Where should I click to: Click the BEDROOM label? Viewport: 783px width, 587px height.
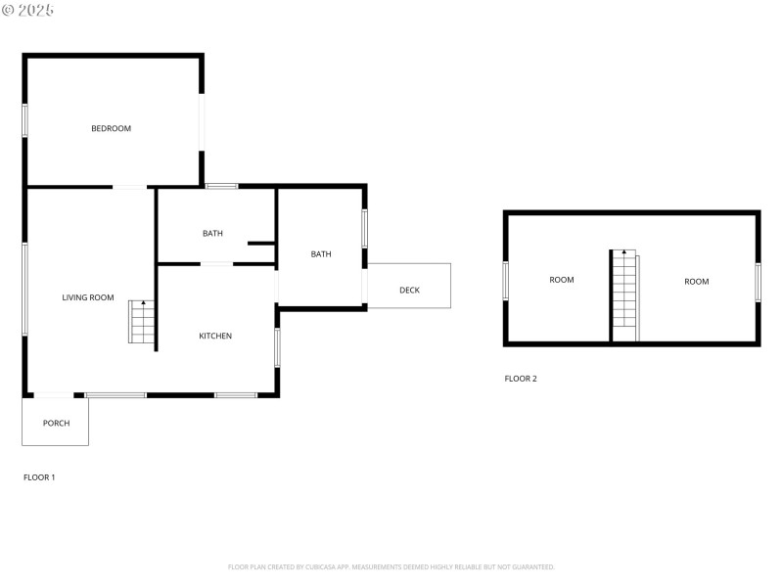[111, 128]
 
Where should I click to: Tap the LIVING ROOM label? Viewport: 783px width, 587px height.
[88, 297]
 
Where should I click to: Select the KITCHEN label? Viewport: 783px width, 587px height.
[215, 336]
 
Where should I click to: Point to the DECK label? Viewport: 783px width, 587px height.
[409, 290]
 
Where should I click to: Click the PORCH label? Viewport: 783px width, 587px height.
[56, 423]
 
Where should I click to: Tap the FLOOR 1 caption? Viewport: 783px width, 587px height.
[39, 477]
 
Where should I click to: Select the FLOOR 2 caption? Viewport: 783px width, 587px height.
[521, 379]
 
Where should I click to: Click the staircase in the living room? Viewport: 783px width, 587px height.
[142, 322]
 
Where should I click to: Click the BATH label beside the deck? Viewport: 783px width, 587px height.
[321, 254]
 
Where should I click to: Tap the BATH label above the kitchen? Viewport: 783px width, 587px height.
[212, 233]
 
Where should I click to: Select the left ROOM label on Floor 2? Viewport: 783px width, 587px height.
[562, 280]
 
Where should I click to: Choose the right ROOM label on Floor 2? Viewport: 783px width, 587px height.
[696, 282]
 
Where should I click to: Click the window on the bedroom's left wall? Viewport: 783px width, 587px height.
[25, 120]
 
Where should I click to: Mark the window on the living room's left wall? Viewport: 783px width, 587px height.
[25, 289]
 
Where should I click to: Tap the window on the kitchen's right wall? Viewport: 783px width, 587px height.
[278, 347]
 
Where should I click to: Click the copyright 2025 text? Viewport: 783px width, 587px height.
[28, 9]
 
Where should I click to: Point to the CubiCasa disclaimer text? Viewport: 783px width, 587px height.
[391, 566]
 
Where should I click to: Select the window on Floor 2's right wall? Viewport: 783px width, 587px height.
[758, 282]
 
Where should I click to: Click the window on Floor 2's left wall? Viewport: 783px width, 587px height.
[506, 280]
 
